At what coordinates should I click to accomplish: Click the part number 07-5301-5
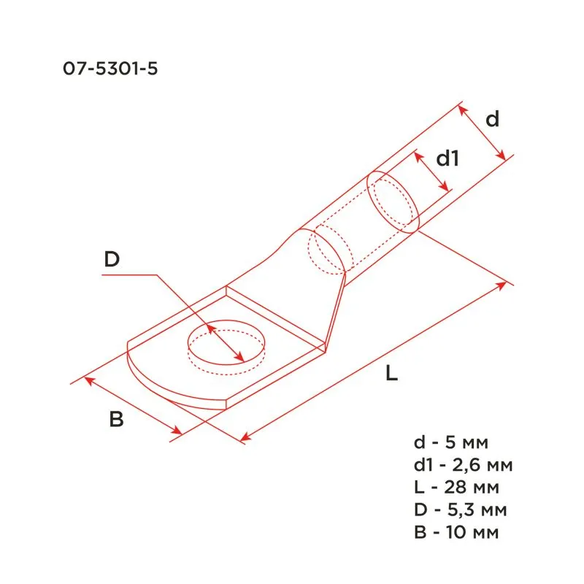[x=111, y=70]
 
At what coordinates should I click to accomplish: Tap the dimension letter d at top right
[x=493, y=118]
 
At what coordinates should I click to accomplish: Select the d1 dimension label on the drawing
[x=447, y=158]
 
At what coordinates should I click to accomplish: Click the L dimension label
[x=392, y=374]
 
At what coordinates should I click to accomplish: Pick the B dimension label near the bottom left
[x=116, y=420]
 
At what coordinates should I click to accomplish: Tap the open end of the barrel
[x=393, y=201]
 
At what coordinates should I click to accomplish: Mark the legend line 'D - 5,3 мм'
[x=457, y=509]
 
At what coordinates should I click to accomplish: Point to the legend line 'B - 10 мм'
[x=456, y=532]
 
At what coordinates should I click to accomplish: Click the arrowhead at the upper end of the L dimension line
[x=502, y=283]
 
